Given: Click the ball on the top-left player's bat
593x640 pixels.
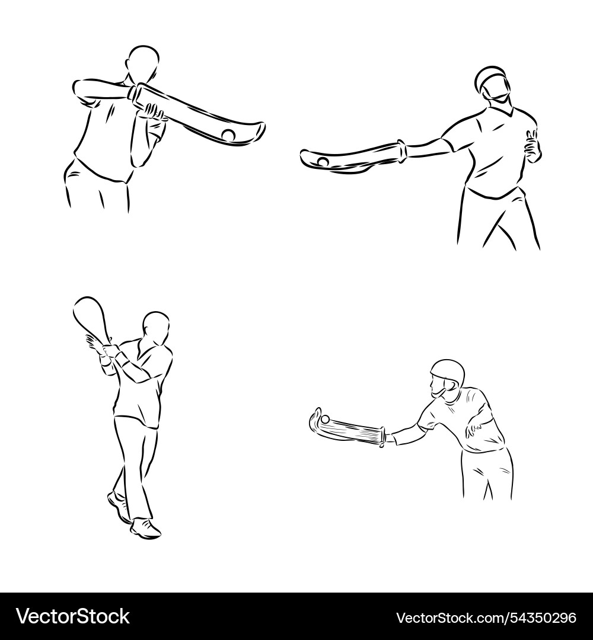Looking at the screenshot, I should pos(228,135).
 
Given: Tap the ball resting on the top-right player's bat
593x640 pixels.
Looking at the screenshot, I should pos(323,162).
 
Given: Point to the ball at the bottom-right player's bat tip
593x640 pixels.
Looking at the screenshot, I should pos(325,419).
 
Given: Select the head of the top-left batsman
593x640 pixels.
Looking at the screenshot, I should pos(144,63).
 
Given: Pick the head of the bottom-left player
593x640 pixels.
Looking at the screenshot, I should pos(156,328).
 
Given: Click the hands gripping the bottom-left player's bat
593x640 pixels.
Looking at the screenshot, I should pos(101,347).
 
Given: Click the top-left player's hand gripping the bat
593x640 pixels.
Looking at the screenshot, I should pos(154,111).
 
